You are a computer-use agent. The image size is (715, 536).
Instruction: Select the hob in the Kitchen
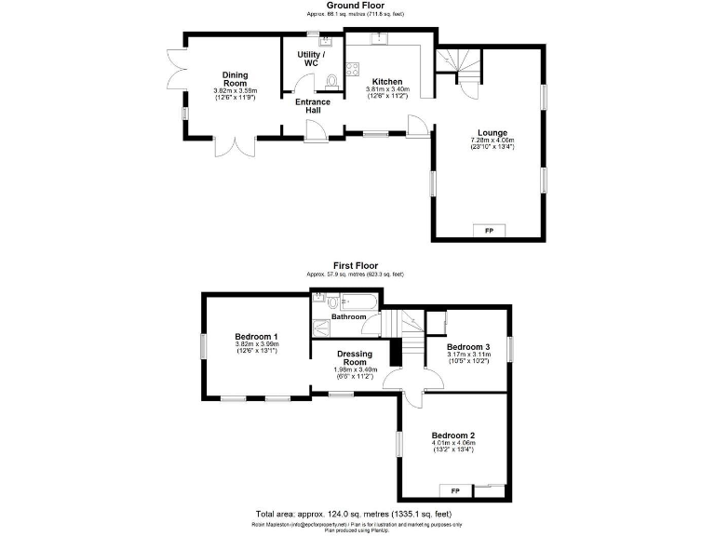[353, 68]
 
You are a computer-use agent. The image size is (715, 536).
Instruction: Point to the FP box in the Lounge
[489, 230]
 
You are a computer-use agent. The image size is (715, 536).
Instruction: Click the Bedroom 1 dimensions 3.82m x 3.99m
[256, 344]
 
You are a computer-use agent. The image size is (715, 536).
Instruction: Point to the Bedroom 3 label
[466, 346]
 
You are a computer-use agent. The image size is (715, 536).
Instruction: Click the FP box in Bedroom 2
[455, 490]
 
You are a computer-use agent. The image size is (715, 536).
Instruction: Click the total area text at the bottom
[355, 515]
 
